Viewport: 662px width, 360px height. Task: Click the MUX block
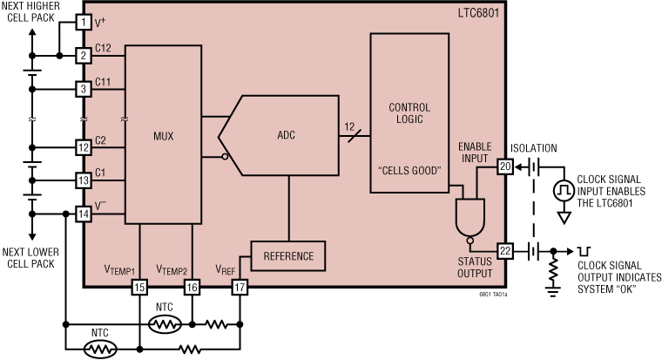tap(163, 134)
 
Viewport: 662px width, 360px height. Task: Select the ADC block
tap(286, 134)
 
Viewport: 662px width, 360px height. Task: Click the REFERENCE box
tap(288, 256)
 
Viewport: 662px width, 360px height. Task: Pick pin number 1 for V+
tap(84, 21)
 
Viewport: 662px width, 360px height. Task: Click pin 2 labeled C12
tap(84, 56)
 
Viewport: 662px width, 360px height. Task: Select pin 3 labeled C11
tap(84, 88)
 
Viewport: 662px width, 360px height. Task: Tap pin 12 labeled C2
tap(84, 147)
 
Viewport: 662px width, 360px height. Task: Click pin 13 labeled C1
tap(84, 180)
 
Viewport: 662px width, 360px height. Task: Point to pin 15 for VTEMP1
tap(139, 286)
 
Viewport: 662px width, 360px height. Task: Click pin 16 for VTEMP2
tap(191, 286)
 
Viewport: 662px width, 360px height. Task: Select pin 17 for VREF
tap(240, 286)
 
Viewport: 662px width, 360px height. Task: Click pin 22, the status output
tap(504, 251)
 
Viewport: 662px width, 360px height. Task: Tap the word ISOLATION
tap(534, 148)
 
